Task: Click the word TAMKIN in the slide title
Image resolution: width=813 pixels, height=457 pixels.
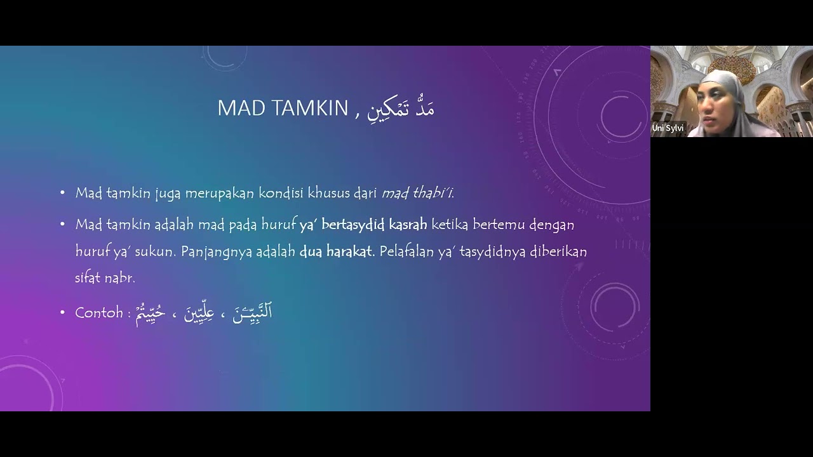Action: (311, 109)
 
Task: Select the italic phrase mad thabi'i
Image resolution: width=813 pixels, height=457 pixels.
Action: (418, 193)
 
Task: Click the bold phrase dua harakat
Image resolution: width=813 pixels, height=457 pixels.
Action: (335, 251)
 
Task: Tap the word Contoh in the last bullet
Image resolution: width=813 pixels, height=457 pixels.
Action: (98, 312)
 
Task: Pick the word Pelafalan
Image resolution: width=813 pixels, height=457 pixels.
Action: (405, 251)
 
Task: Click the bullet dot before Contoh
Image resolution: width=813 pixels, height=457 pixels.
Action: (62, 313)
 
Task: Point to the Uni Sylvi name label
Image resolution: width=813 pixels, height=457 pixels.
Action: (668, 128)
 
